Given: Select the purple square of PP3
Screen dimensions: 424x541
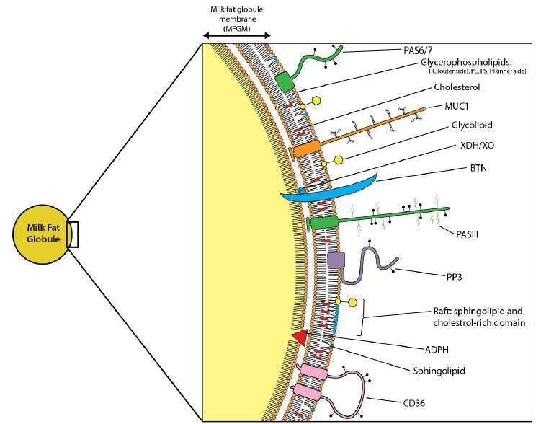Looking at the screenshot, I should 336,261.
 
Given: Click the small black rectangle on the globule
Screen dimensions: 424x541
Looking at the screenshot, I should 72,236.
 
